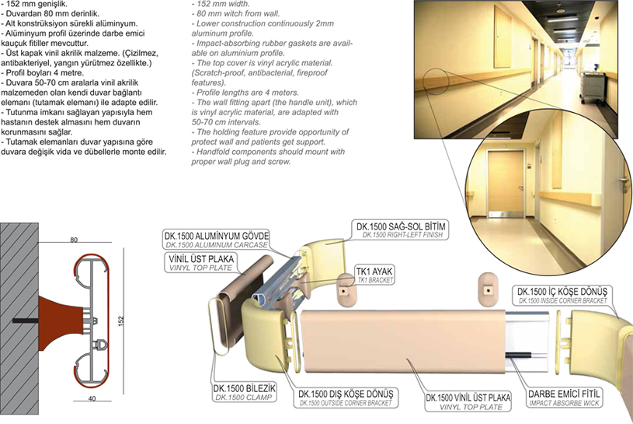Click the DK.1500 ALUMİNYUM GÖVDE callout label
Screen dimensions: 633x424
(217, 240)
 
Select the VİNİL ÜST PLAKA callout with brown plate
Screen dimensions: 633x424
(200, 262)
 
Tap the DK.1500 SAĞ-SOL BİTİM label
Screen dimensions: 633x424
(401, 230)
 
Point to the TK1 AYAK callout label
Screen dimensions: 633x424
(374, 275)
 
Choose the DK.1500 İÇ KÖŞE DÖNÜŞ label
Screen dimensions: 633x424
(562, 296)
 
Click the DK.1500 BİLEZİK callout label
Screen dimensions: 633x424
(244, 392)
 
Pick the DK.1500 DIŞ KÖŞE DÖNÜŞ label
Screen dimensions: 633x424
(346, 398)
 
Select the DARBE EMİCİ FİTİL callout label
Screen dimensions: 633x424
(564, 398)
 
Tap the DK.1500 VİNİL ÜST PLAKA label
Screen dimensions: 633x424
(468, 401)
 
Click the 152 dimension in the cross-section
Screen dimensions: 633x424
(121, 321)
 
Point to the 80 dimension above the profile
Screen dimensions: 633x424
(74, 240)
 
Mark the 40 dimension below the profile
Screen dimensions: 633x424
(92, 398)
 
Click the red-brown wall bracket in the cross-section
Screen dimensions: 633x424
(61, 323)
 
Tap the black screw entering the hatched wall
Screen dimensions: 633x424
(26, 321)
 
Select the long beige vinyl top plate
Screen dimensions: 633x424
(402, 341)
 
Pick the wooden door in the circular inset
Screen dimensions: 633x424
(506, 184)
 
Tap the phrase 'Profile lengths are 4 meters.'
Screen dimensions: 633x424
(245, 93)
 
